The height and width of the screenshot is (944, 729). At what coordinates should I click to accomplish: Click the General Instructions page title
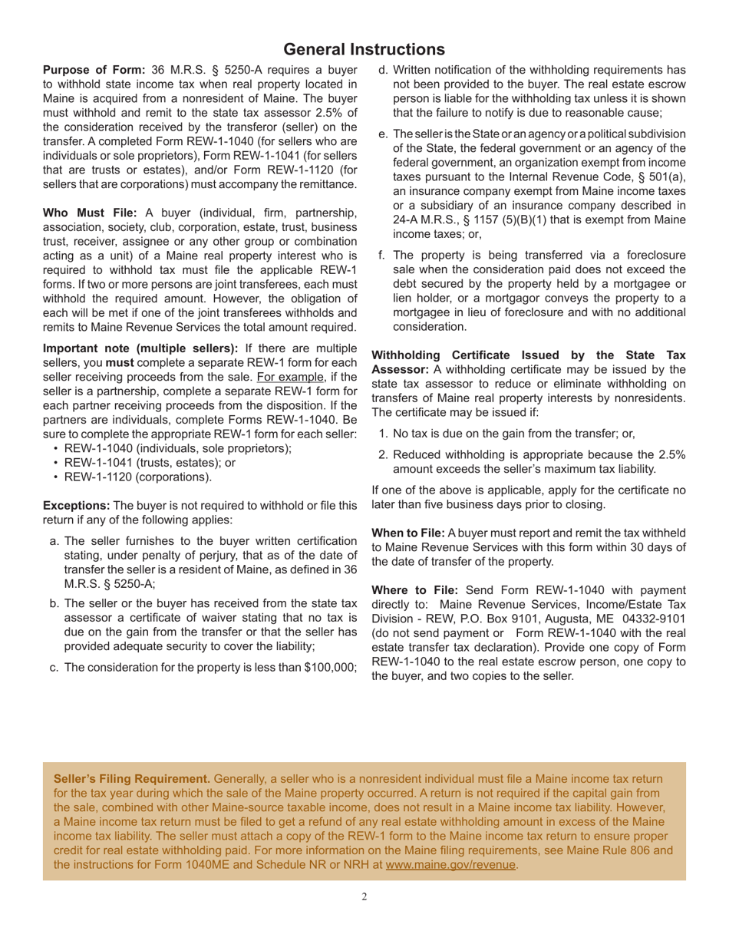click(x=364, y=49)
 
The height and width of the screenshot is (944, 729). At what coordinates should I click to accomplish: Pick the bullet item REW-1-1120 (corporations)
click(x=137, y=477)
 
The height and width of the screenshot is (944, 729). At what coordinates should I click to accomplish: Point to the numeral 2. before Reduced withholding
click(x=384, y=454)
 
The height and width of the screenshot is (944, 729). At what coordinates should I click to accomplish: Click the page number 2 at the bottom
click(x=364, y=896)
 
